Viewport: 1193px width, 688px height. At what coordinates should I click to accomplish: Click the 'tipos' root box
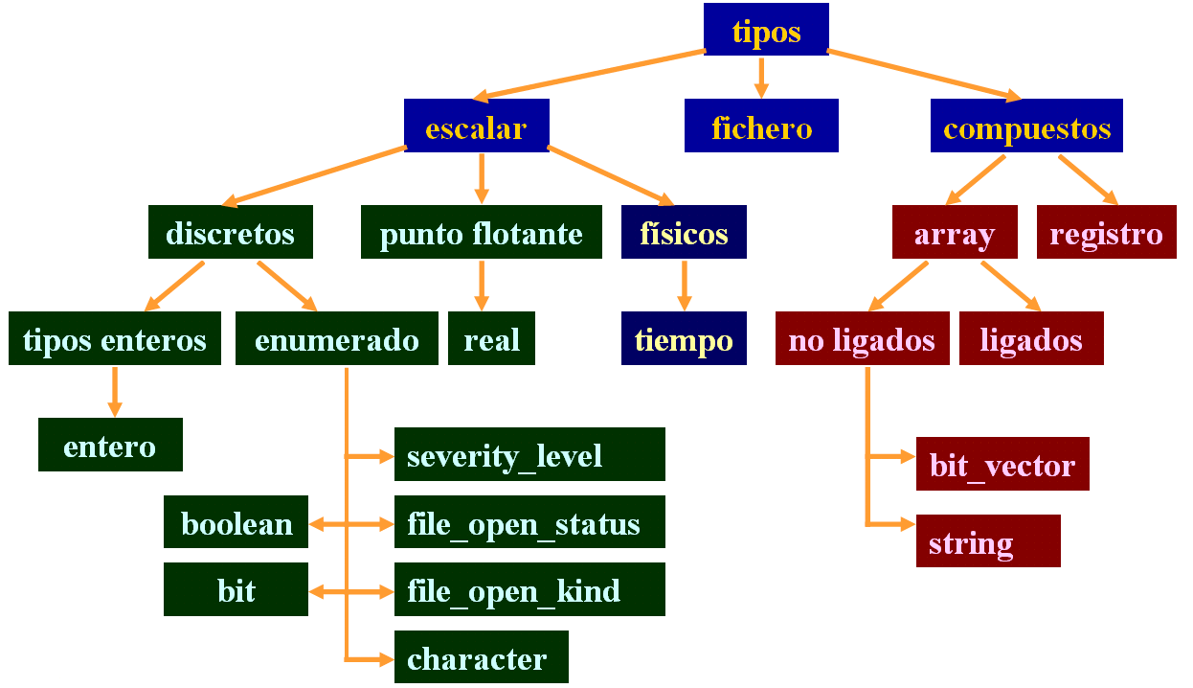click(x=766, y=30)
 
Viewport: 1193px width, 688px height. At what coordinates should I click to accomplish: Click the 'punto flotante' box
click(x=481, y=232)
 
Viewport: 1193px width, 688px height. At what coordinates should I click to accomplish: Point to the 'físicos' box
click(x=684, y=232)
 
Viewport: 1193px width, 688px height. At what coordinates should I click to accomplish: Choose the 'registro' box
click(x=1106, y=232)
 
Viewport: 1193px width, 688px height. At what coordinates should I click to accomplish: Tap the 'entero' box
click(x=110, y=445)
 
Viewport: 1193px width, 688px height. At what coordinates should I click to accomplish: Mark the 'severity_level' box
click(x=529, y=454)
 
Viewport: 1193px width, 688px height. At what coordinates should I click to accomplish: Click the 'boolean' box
click(x=236, y=522)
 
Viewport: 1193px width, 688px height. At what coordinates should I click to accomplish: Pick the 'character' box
click(x=481, y=657)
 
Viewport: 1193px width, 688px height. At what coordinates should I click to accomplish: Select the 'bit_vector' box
click(x=1002, y=464)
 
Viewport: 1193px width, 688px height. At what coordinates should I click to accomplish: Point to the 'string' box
click(x=988, y=541)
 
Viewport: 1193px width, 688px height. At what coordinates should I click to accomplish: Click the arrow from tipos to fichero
click(x=761, y=77)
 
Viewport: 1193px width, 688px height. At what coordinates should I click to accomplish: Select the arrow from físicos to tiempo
click(x=684, y=285)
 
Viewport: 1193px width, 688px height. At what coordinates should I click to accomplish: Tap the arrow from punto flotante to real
click(x=481, y=285)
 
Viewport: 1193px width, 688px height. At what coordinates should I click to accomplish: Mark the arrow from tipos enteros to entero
click(x=115, y=391)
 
